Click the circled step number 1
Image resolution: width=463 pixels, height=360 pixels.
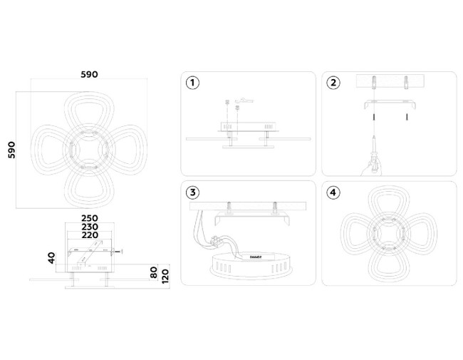(192, 83)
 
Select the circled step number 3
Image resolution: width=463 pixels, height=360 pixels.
(192, 192)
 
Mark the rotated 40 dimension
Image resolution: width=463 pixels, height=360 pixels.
(52, 257)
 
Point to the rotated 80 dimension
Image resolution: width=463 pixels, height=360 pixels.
(153, 273)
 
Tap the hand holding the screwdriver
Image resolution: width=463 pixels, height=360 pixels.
(371, 165)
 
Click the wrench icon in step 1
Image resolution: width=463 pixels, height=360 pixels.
(245, 100)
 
